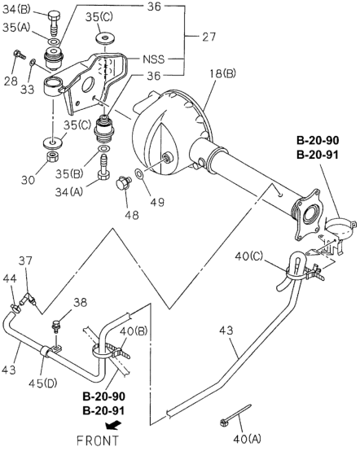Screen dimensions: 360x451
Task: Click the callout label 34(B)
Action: click(16, 10)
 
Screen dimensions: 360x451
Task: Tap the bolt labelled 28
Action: click(20, 54)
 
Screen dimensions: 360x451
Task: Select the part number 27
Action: click(209, 37)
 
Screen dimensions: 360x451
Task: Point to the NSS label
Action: click(154, 59)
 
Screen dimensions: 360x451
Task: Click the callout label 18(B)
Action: click(222, 73)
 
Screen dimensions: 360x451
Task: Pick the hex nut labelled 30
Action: click(52, 156)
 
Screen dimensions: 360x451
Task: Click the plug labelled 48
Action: click(124, 183)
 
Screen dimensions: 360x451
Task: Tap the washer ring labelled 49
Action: click(139, 173)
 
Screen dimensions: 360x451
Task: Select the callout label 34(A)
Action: click(69, 192)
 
